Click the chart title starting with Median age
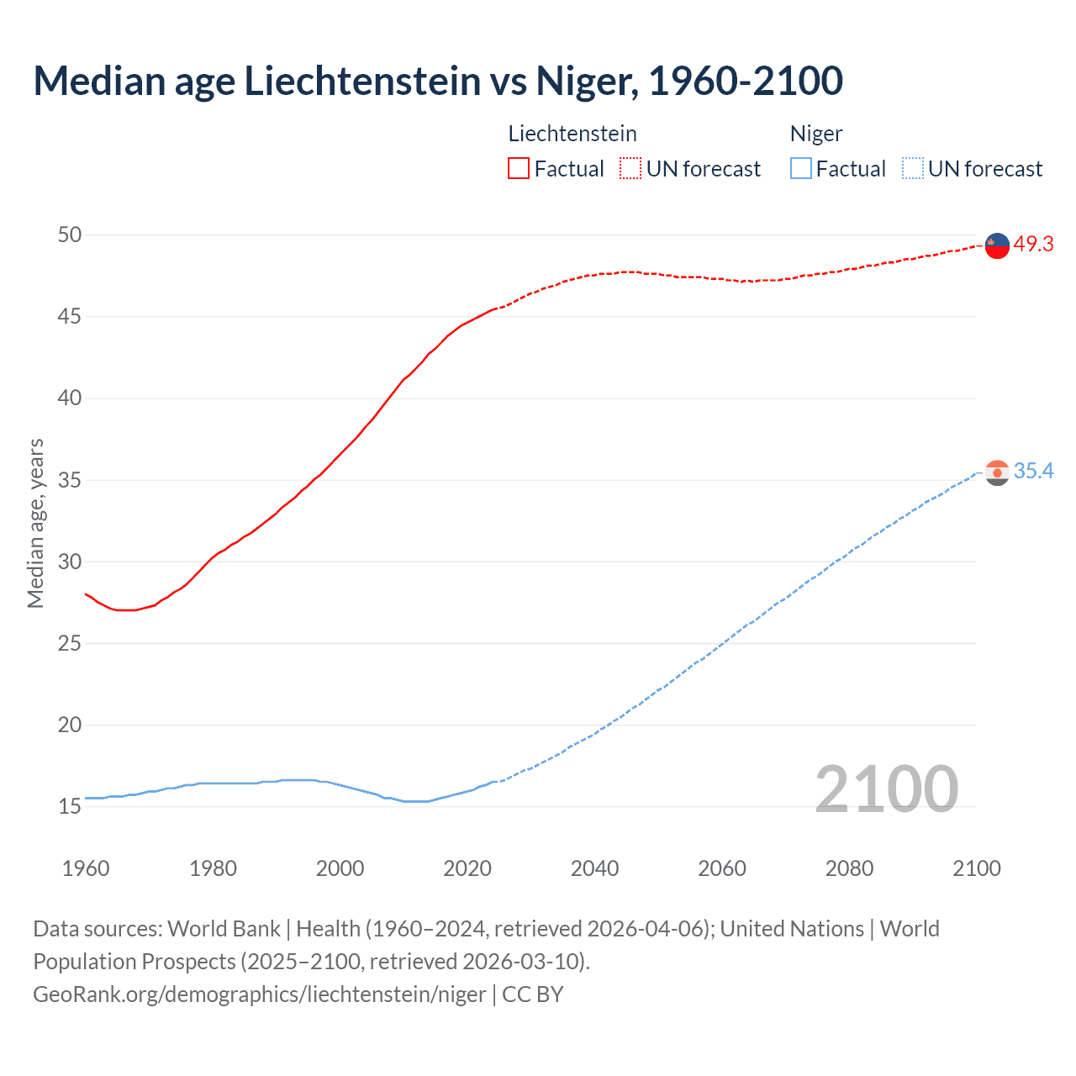click(437, 81)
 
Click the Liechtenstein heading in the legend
click(572, 134)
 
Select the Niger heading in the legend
click(815, 134)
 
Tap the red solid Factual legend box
click(519, 168)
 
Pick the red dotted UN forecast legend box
click(630, 168)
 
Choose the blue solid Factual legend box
click(800, 168)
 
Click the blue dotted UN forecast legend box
click(912, 168)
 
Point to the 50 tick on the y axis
click(70, 235)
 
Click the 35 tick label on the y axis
click(70, 480)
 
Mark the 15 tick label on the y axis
click(70, 807)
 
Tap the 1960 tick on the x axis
click(86, 868)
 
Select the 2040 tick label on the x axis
click(594, 868)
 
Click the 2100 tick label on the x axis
click(977, 868)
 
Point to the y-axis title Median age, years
click(35, 523)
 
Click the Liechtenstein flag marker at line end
click(997, 245)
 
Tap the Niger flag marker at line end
click(997, 472)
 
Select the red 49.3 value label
click(1033, 244)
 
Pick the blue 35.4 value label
click(1033, 471)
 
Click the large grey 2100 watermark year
click(887, 789)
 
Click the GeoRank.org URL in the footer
click(259, 994)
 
